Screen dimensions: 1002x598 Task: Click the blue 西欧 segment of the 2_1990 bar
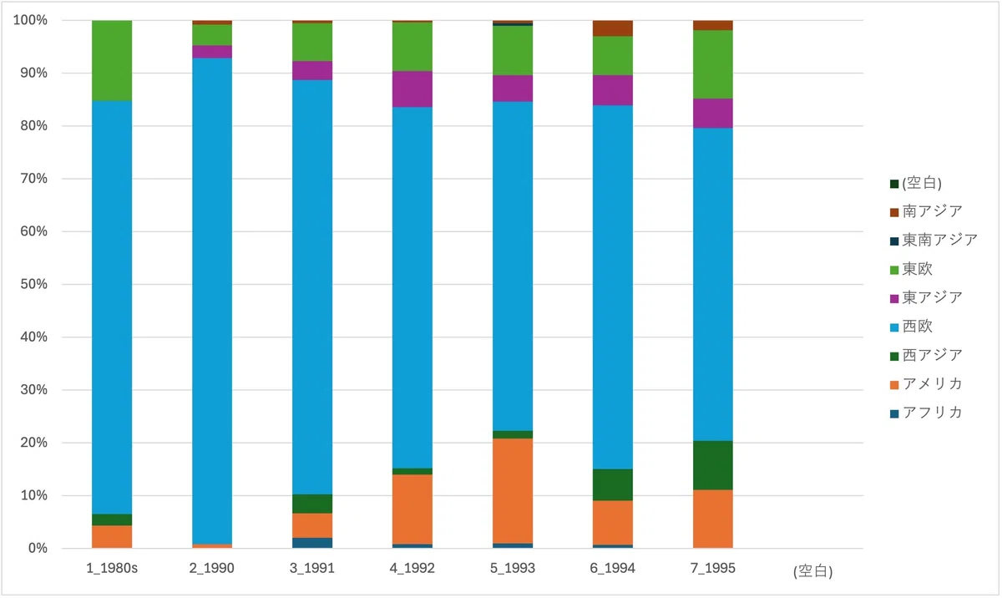212,301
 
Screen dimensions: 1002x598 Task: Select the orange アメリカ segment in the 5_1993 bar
513,490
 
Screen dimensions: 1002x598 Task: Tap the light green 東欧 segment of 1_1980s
112,61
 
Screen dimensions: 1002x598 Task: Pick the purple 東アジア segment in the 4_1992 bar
412,89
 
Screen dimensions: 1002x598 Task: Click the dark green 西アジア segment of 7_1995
713,465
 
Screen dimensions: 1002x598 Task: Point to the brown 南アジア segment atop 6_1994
613,28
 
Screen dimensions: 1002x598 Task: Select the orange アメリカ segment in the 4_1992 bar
412,509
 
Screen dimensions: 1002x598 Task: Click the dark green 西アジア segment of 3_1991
312,504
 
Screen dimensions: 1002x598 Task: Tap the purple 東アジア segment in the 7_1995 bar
713,114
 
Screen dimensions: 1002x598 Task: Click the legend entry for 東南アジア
934,241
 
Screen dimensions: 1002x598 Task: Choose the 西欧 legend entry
912,327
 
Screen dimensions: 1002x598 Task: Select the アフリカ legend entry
926,413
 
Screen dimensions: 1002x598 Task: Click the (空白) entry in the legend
916,184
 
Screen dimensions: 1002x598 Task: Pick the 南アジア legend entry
926,211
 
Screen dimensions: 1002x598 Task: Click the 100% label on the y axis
30,20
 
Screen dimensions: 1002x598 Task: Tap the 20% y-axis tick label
34,443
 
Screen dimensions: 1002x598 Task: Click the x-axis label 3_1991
312,568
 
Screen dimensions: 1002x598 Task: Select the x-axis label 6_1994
613,568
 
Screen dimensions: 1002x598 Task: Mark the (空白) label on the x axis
813,571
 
